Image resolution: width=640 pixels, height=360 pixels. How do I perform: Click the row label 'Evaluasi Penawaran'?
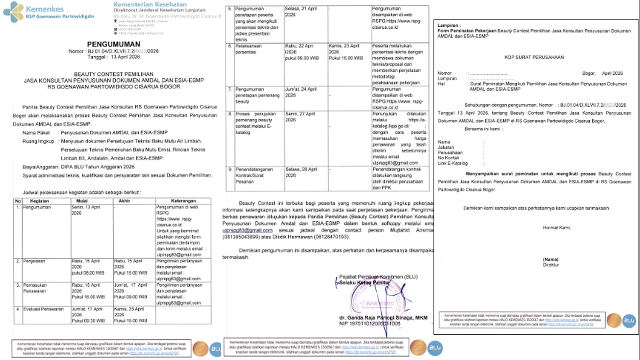(43, 309)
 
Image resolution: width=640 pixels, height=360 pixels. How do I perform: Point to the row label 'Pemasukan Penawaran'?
(36, 287)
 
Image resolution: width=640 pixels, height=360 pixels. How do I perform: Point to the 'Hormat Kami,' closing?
(557, 228)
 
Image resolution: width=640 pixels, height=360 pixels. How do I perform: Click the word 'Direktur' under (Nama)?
(551, 265)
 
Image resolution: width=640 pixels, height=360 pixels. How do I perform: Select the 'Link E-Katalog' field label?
(453, 163)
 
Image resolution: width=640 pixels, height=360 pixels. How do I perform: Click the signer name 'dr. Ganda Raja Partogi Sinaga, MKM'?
(383, 317)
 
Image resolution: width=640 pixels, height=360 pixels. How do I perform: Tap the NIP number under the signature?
(370, 323)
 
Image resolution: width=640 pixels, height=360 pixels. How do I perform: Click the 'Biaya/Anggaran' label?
(40, 167)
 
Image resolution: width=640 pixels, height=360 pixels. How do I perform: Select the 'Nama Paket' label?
(36, 133)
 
